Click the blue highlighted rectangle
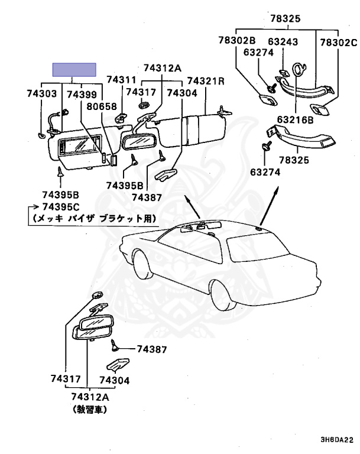point(74,70)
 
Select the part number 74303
point(41,93)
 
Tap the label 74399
point(80,93)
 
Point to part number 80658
point(102,106)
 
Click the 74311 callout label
point(122,80)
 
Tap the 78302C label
point(339,42)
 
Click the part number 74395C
point(60,206)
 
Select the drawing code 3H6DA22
point(336,440)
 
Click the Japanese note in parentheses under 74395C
point(93,218)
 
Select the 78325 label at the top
point(286,18)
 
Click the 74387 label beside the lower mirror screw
point(152,349)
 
